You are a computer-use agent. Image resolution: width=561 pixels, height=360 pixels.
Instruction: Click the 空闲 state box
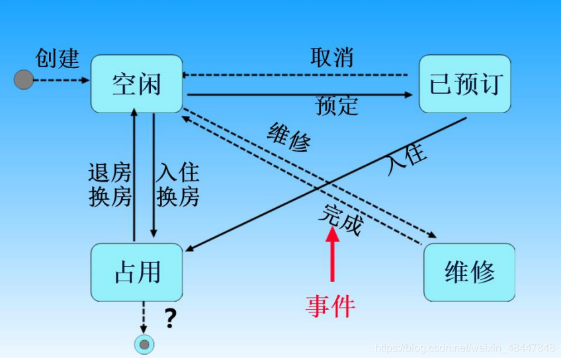pos(136,84)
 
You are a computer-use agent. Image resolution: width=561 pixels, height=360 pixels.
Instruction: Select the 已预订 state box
pos(466,84)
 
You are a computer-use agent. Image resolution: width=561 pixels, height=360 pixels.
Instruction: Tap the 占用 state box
pos(136,272)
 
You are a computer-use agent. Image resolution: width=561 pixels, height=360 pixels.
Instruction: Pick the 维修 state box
pos(469,272)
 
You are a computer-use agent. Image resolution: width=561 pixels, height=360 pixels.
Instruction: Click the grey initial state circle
pos(24,80)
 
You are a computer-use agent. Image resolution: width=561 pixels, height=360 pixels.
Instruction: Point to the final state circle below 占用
pos(144,344)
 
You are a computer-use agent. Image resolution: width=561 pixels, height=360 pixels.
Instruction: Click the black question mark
pos(171,319)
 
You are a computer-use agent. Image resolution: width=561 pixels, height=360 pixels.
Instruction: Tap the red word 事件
pos(331,306)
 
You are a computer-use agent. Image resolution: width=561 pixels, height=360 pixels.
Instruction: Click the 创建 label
pos(58,58)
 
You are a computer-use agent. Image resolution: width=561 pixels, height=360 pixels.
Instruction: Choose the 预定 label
pos(337,105)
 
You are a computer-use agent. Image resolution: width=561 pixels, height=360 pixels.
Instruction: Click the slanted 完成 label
pos(341,219)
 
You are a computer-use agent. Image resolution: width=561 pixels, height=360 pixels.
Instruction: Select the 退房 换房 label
pos(110,185)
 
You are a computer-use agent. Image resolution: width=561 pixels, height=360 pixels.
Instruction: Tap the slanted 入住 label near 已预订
pos(406,159)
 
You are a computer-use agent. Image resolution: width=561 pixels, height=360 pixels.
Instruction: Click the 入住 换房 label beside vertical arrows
pos(177,185)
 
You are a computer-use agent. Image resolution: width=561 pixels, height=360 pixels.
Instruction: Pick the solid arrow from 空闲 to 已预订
pos(298,94)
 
